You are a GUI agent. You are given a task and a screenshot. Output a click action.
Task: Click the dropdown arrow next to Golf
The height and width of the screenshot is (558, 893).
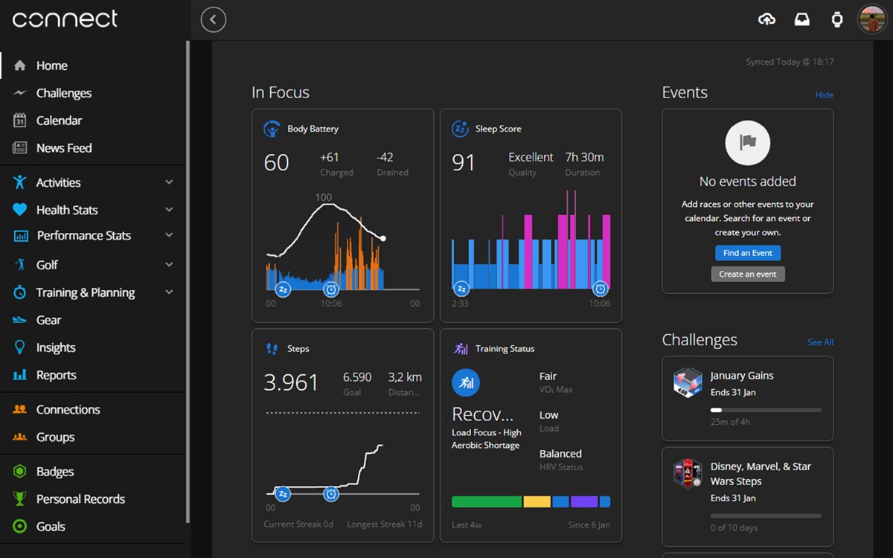click(169, 264)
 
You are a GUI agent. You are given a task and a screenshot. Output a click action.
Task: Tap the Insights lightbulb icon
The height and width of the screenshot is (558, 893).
click(19, 347)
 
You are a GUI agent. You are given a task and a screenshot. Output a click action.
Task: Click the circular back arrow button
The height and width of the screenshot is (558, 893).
click(214, 19)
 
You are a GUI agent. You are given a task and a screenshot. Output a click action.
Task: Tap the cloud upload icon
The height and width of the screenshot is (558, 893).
click(766, 19)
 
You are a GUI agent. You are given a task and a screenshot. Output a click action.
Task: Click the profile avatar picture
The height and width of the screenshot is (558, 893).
click(872, 19)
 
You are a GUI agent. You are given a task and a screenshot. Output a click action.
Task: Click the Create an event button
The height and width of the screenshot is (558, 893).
click(747, 275)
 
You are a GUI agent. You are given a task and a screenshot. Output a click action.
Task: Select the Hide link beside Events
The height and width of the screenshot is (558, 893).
click(824, 95)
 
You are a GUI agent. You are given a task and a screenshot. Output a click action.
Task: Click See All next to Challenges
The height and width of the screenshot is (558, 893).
click(820, 342)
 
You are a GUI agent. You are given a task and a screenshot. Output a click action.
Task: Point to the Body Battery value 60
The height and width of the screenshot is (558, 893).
click(276, 163)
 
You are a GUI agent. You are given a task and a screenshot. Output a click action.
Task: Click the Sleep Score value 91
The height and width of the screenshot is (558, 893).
click(463, 163)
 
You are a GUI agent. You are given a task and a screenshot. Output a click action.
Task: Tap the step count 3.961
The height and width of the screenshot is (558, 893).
click(291, 382)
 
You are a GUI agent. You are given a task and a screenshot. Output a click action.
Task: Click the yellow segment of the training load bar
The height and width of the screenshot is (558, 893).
click(537, 501)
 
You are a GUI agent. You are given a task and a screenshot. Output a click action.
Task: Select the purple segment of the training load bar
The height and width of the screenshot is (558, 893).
click(584, 501)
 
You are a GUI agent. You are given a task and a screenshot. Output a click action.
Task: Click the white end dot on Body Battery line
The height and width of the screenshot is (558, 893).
click(383, 238)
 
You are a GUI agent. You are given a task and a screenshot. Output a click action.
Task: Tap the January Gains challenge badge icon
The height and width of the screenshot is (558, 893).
click(688, 382)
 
